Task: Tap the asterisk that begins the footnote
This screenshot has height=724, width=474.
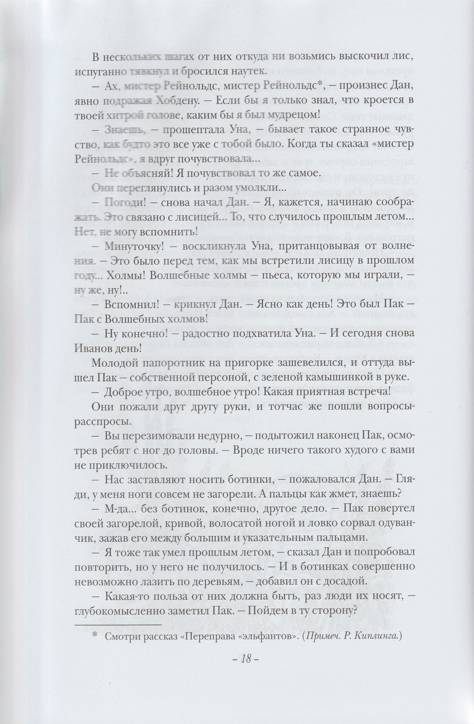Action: click(95, 625)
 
